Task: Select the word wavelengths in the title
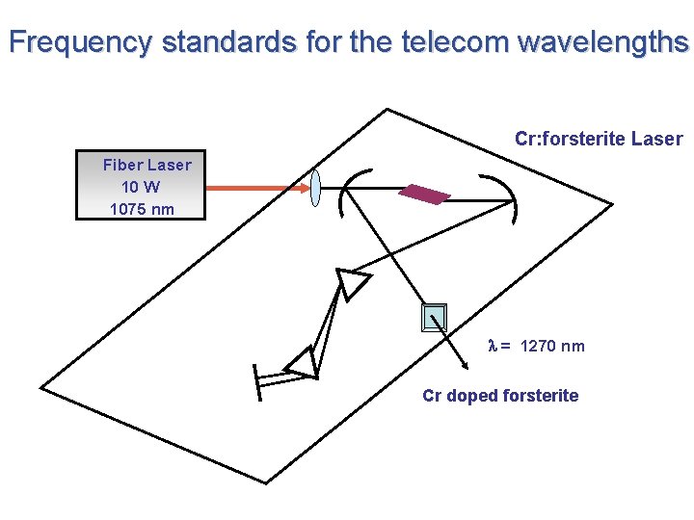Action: pyautogui.click(x=603, y=42)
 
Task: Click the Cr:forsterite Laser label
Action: pyautogui.click(x=599, y=139)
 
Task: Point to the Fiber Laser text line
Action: pyautogui.click(x=147, y=165)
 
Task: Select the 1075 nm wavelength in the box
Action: pyautogui.click(x=142, y=208)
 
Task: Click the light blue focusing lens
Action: pyautogui.click(x=315, y=188)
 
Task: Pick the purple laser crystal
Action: pyautogui.click(x=424, y=194)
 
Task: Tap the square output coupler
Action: pyautogui.click(x=435, y=317)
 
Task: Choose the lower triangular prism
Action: pyautogui.click(x=303, y=362)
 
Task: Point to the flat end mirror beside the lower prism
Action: pyautogui.click(x=257, y=381)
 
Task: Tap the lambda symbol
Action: pyautogui.click(x=493, y=346)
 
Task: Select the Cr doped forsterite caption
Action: pyautogui.click(x=500, y=395)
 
